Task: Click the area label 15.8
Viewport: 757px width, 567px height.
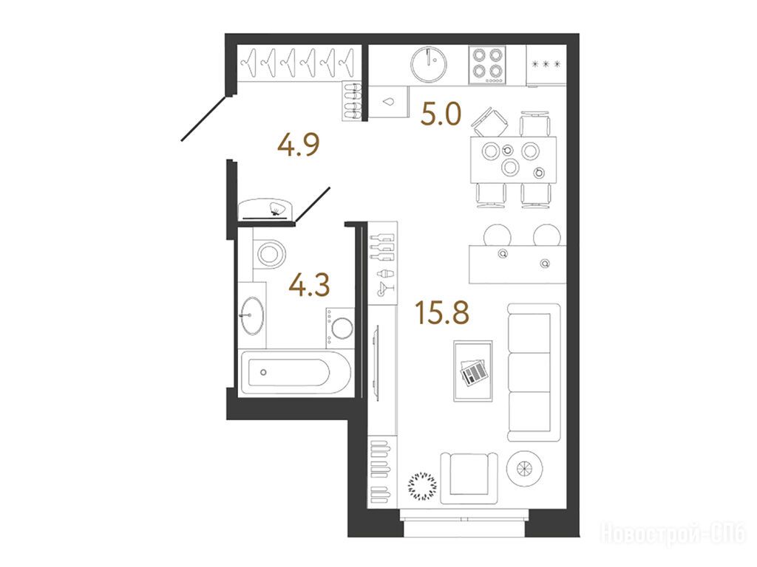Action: tap(442, 312)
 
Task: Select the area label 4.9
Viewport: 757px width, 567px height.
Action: tap(299, 145)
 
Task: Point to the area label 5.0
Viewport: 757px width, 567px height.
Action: tap(441, 114)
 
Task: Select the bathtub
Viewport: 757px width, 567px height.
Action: tap(295, 372)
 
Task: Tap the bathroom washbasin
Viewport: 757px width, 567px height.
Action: tap(253, 315)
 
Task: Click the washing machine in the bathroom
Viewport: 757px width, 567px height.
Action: tap(340, 327)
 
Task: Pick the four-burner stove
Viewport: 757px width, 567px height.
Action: tap(487, 65)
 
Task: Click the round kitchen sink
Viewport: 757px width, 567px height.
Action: tap(429, 65)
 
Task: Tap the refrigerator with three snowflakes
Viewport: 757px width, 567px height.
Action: tap(546, 66)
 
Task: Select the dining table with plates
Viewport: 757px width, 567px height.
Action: tap(513, 159)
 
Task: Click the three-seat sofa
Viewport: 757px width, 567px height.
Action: tap(534, 372)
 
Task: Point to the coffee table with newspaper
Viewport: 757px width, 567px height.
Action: tap(473, 371)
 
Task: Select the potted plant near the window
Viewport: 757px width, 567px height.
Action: tap(422, 485)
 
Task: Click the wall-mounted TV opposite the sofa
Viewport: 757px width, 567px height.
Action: tap(375, 360)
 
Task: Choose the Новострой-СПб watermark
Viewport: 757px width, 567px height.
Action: tap(674, 534)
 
